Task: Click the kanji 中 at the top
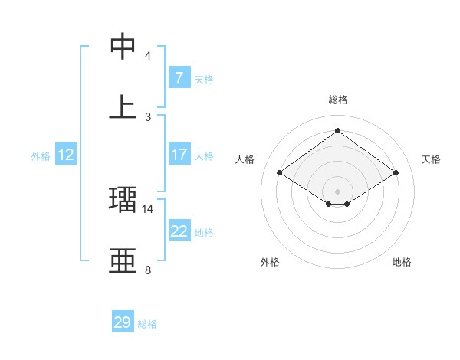123,47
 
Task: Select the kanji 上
123,106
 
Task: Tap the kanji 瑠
123,199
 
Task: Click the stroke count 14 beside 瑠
148,208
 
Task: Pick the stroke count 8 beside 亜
148,270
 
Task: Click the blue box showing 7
179,78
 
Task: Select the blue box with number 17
179,155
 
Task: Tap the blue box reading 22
179,231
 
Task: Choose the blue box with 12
66,155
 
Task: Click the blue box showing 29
123,322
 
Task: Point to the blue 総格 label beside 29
148,324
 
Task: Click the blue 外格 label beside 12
41,156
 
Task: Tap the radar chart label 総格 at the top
337,100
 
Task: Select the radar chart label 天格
431,159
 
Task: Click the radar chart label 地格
402,262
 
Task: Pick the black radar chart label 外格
270,262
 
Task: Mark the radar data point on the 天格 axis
396,173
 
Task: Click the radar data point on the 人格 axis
280,173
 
